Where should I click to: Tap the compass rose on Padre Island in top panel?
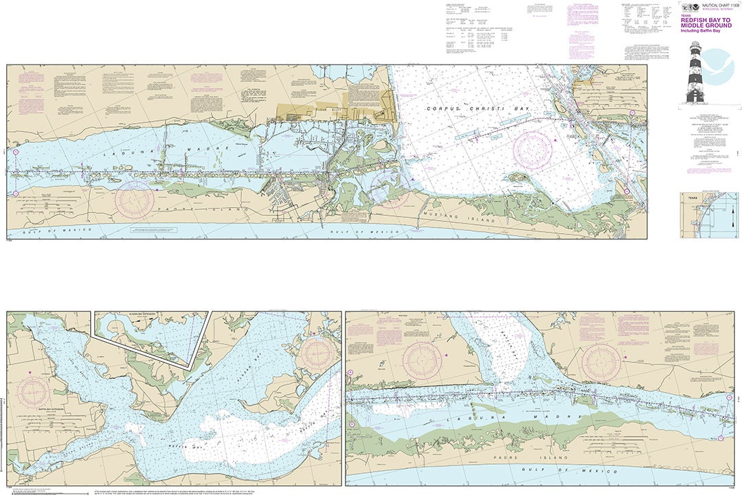click(x=134, y=199)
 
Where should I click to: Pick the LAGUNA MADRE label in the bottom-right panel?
click(x=515, y=417)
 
